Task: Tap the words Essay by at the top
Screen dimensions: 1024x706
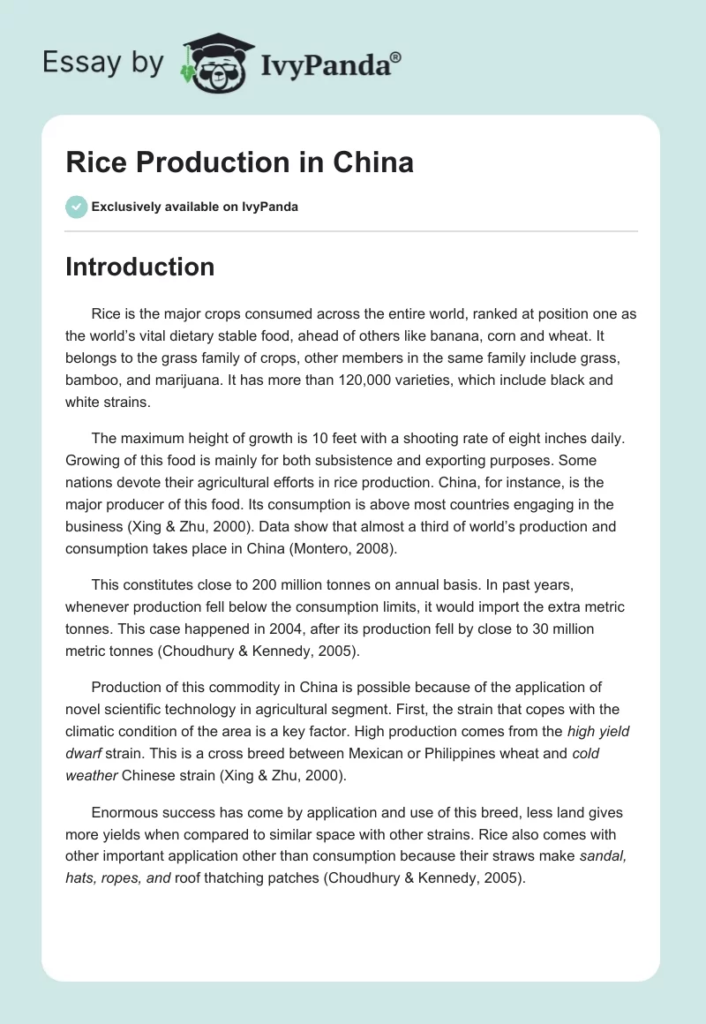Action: (x=102, y=63)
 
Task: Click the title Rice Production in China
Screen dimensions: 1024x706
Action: (x=227, y=163)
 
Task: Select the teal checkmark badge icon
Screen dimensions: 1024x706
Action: (x=76, y=207)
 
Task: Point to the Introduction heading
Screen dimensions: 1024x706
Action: (x=139, y=267)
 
